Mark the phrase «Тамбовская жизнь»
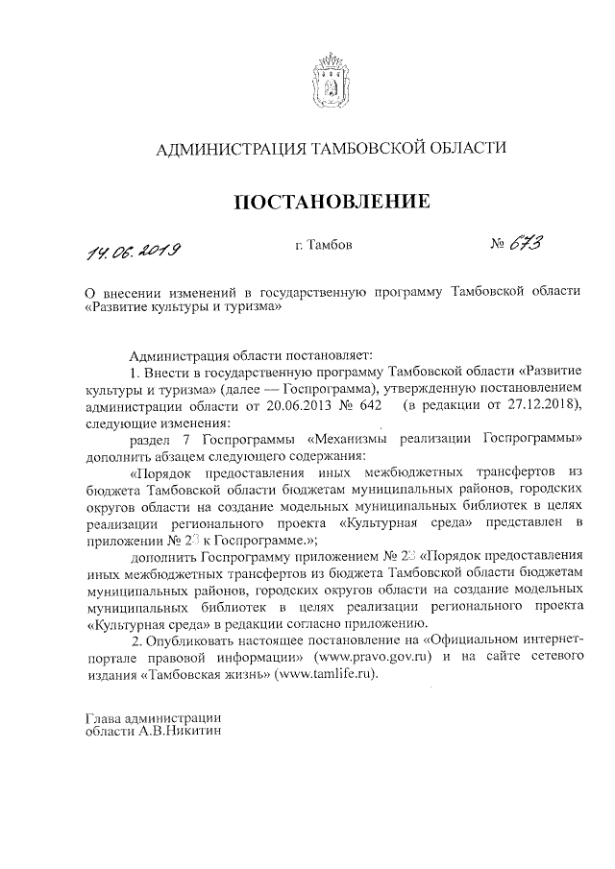click(x=209, y=673)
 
